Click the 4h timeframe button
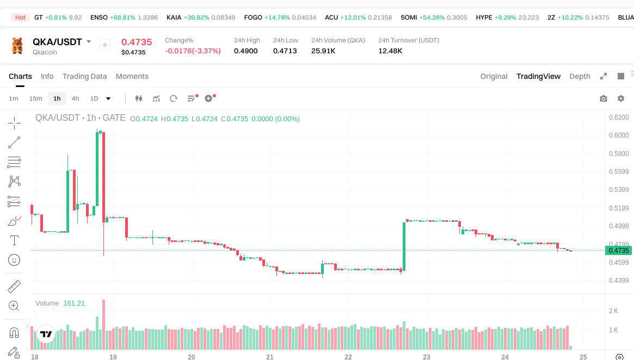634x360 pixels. pyautogui.click(x=75, y=98)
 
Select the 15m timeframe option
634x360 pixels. pyautogui.click(x=35, y=98)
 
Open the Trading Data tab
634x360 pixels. pyautogui.click(x=84, y=76)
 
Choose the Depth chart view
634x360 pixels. pyautogui.click(x=580, y=76)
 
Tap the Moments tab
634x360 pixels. pyautogui.click(x=132, y=76)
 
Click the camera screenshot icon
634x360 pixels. pyautogui.click(x=603, y=98)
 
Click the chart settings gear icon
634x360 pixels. pyautogui.click(x=621, y=98)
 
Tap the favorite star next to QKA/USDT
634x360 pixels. pyautogui.click(x=105, y=45)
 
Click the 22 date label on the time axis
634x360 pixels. pyautogui.click(x=348, y=357)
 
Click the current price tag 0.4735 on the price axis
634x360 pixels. pyautogui.click(x=618, y=251)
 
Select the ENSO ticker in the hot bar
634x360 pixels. pyautogui.click(x=99, y=17)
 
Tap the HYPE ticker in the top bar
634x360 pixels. pyautogui.click(x=484, y=17)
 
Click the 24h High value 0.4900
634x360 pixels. pyautogui.click(x=246, y=51)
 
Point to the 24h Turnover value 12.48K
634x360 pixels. pyautogui.click(x=390, y=51)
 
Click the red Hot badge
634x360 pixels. pyautogui.click(x=20, y=17)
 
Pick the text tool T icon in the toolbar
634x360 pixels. pyautogui.click(x=14, y=240)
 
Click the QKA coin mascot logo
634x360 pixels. pyautogui.click(x=18, y=46)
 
